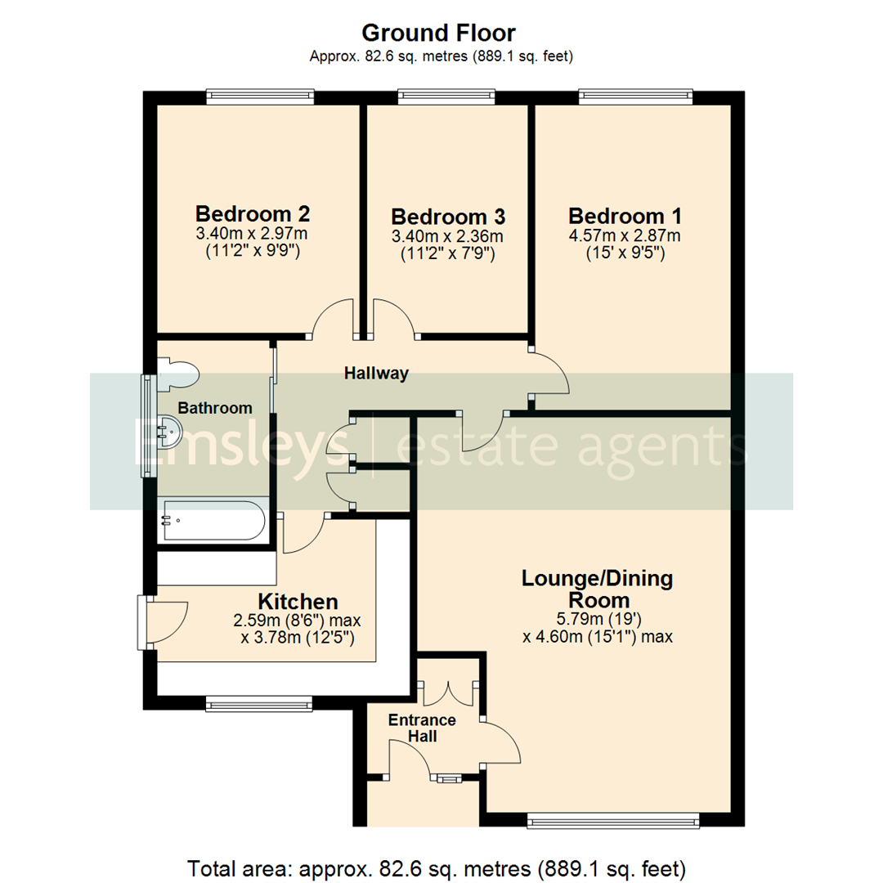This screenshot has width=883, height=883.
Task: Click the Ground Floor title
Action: (x=438, y=33)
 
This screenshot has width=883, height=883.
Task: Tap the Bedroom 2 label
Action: (x=252, y=214)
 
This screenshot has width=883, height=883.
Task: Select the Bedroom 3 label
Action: (x=448, y=217)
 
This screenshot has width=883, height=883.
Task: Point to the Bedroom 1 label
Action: (x=625, y=216)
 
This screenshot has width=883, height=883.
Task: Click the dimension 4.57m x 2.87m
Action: (x=625, y=236)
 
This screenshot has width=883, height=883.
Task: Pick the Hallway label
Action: (x=376, y=374)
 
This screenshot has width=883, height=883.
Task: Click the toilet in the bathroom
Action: (x=178, y=372)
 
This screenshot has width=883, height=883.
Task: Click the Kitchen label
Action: (x=298, y=602)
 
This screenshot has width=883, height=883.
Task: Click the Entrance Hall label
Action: (x=422, y=728)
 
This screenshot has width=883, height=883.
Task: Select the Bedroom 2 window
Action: (x=260, y=97)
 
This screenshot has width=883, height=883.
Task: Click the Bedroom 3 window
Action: (x=446, y=97)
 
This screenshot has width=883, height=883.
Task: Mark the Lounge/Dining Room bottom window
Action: (x=613, y=820)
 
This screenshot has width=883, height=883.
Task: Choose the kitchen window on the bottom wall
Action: (x=258, y=702)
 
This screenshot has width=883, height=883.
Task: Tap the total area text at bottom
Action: (x=442, y=867)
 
